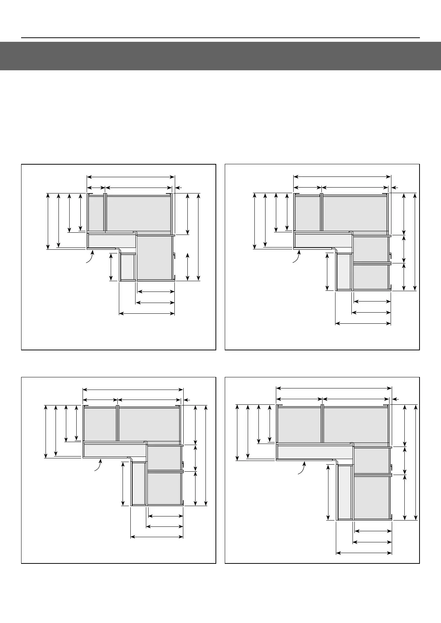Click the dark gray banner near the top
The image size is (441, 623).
click(x=220, y=56)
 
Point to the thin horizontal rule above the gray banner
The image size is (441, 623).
click(x=220, y=38)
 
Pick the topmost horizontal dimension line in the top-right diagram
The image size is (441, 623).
click(x=342, y=176)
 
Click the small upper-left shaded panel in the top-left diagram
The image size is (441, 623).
click(x=96, y=213)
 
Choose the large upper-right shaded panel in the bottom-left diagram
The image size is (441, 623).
click(x=149, y=424)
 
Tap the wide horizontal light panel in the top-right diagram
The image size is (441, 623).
click(x=323, y=241)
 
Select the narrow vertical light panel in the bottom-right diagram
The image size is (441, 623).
click(x=345, y=492)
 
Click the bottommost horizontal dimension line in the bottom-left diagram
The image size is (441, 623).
click(x=157, y=537)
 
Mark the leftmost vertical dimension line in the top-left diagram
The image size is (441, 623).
click(x=48, y=221)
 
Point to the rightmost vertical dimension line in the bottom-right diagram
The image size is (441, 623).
click(x=416, y=462)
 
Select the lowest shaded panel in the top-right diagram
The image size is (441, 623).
click(x=371, y=277)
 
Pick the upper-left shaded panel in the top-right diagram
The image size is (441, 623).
click(x=307, y=213)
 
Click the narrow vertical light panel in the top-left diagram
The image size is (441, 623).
click(x=128, y=267)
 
